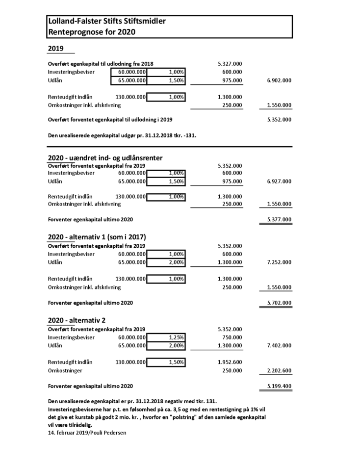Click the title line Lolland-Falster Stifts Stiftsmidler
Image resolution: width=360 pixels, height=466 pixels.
106,22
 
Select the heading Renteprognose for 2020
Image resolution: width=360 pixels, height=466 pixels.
91,32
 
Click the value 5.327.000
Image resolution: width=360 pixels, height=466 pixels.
229,64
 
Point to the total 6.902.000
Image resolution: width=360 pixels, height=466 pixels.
279,80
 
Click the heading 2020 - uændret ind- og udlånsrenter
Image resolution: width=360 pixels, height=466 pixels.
105,157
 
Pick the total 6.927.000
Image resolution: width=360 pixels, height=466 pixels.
279,181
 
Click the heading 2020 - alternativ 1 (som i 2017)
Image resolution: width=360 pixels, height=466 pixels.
97,237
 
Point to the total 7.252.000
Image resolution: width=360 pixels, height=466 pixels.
279,262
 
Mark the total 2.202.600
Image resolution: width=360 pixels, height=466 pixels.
279,371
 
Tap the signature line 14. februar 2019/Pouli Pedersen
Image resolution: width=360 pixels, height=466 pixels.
87,433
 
